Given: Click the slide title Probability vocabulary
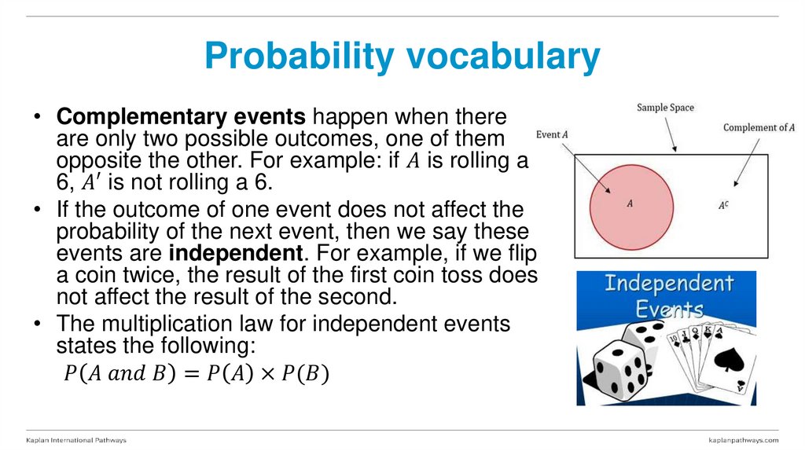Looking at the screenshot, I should pos(402,57).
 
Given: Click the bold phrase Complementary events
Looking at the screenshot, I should pos(180,118).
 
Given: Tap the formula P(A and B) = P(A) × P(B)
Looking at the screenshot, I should pos(196,373).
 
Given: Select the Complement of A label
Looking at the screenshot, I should pos(759,127).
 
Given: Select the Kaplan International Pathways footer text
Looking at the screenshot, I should pos(76,440).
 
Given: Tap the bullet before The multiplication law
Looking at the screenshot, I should pos(37,324).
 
